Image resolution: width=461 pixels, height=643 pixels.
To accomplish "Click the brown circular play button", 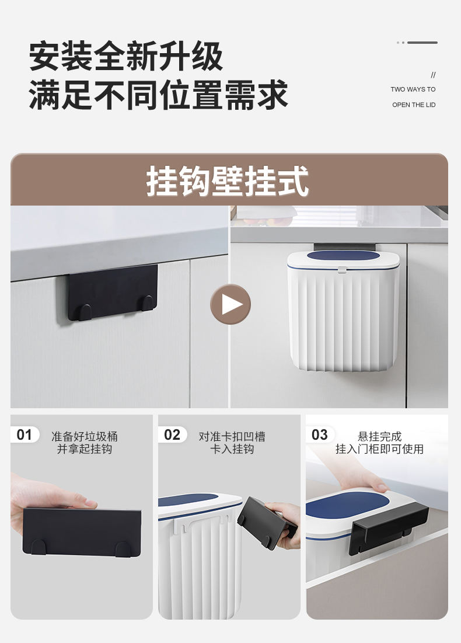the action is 230,304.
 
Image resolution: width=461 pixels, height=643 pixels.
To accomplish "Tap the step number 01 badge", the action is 25,435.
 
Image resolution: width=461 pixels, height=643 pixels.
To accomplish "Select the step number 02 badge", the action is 172,435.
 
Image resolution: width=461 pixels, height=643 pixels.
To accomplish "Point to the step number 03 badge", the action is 320,435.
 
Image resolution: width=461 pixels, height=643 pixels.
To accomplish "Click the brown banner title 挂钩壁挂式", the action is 228,181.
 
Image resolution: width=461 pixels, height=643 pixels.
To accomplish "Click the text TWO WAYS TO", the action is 413,89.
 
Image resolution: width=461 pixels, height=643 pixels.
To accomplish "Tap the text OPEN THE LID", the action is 414,105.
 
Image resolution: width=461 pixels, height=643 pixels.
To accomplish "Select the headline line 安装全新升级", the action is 126,56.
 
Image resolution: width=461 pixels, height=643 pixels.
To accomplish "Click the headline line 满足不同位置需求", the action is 159,95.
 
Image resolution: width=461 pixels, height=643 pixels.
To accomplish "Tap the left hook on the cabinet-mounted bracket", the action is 85,312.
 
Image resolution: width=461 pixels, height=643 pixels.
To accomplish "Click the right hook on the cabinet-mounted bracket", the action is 148,303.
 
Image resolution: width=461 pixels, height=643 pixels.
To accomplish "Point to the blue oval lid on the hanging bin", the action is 343,256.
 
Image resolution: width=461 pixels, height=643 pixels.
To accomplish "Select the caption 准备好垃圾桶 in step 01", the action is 85,436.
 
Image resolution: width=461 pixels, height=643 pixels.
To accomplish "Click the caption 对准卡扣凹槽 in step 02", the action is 232,436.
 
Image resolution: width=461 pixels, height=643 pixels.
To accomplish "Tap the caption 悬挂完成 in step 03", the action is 379,436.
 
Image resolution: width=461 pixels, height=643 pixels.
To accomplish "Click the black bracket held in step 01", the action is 82,532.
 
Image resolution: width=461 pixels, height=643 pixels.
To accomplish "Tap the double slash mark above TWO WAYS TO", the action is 433,75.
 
